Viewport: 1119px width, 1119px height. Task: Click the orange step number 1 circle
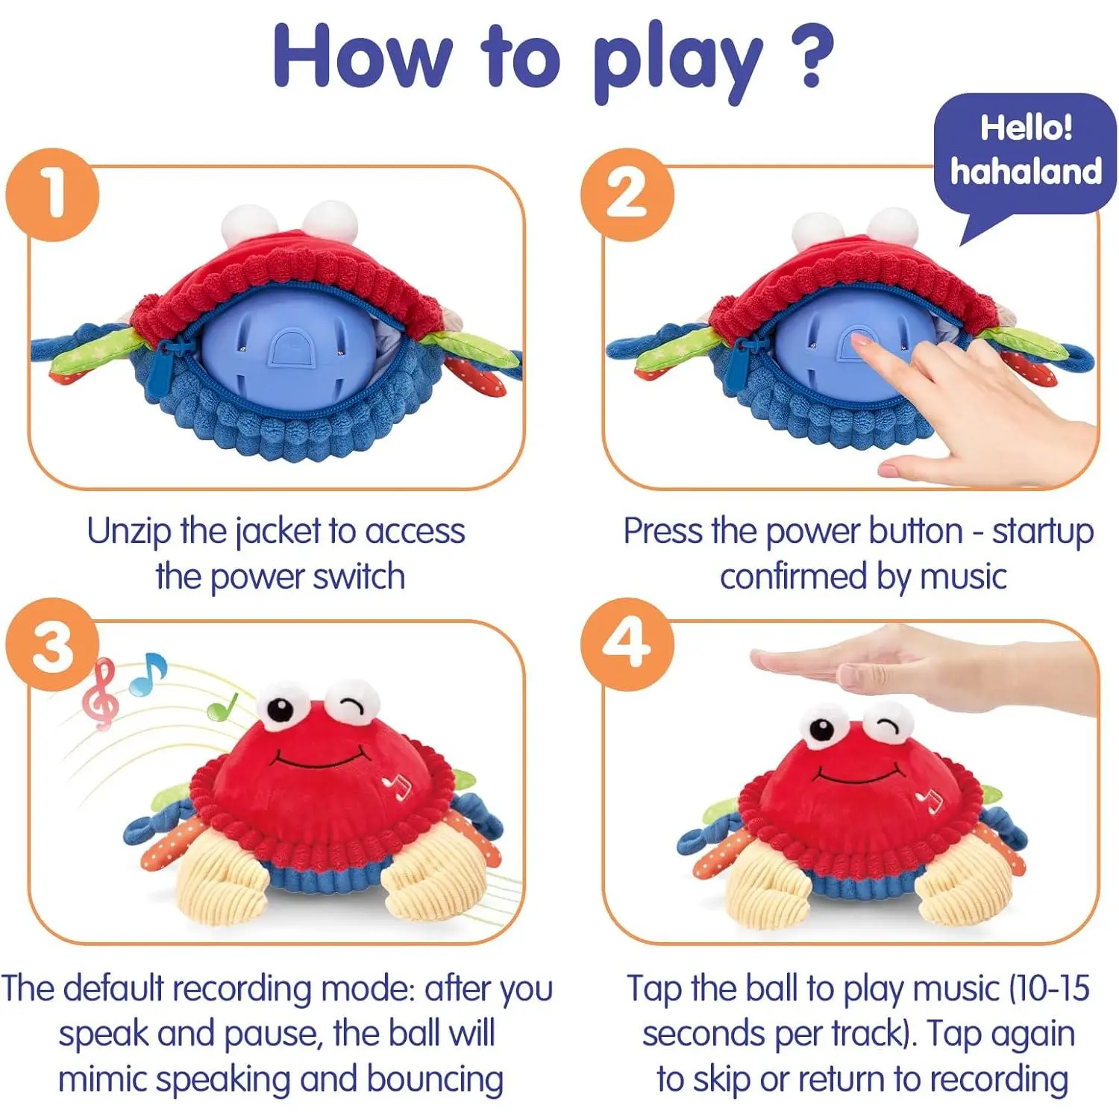point(52,194)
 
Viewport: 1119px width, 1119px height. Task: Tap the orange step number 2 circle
point(627,194)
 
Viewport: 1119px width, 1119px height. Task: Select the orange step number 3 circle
point(52,645)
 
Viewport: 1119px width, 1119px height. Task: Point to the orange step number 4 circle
point(627,645)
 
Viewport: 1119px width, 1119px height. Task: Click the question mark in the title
point(810,56)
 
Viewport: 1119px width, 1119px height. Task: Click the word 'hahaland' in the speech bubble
point(1026,172)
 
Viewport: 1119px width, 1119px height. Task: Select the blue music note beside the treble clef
point(148,674)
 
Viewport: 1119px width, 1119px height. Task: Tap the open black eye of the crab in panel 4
point(822,729)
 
